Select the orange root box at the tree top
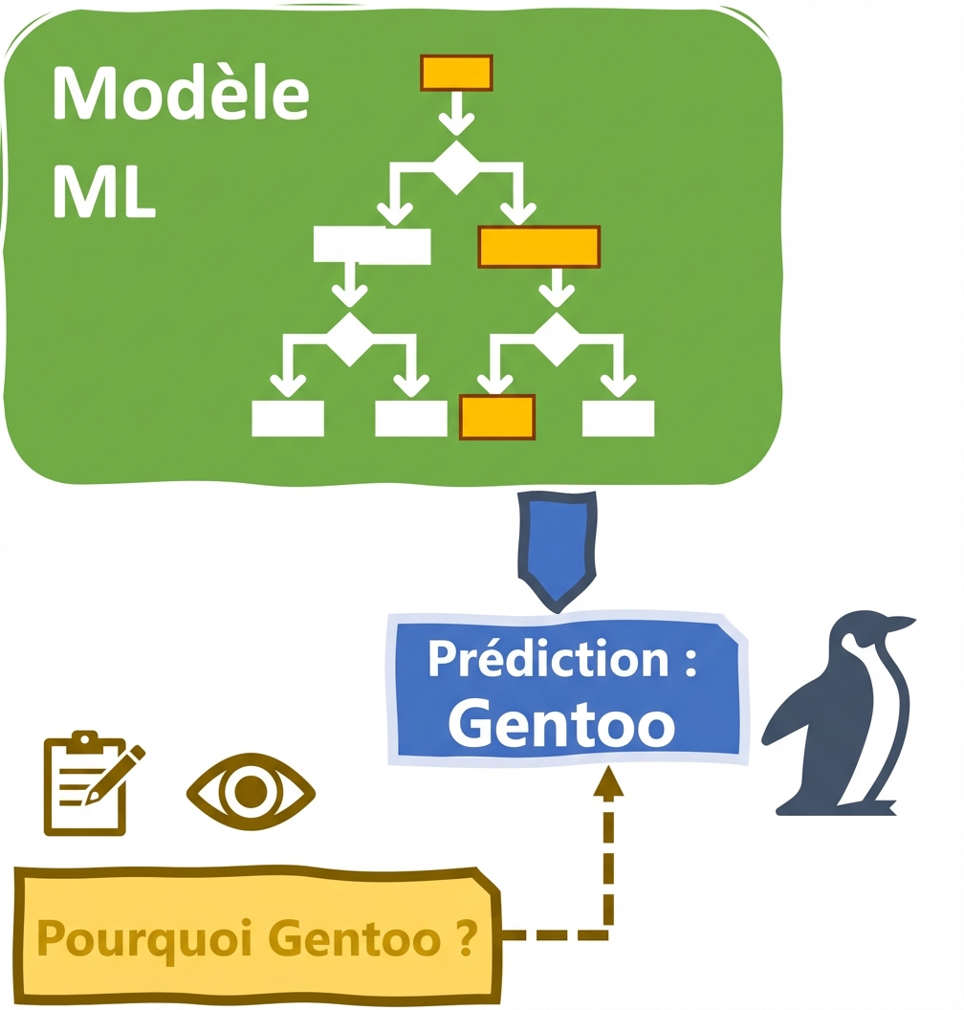(456, 73)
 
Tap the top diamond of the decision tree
(456, 168)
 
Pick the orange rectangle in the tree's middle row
(538, 247)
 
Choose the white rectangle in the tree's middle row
(372, 246)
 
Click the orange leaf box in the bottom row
(497, 417)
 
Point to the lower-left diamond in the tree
(350, 338)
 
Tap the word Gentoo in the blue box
(561, 723)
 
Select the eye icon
(251, 792)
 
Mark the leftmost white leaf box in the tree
(287, 418)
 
